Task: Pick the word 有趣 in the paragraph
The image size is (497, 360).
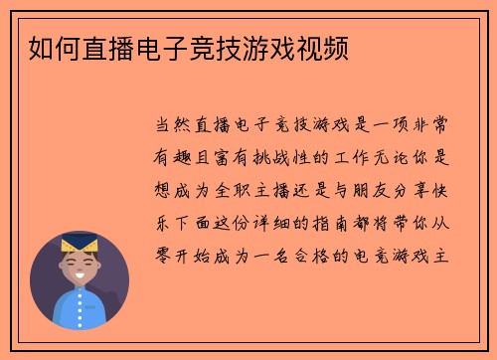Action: pos(178,158)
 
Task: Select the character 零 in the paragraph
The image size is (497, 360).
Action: pos(166,254)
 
